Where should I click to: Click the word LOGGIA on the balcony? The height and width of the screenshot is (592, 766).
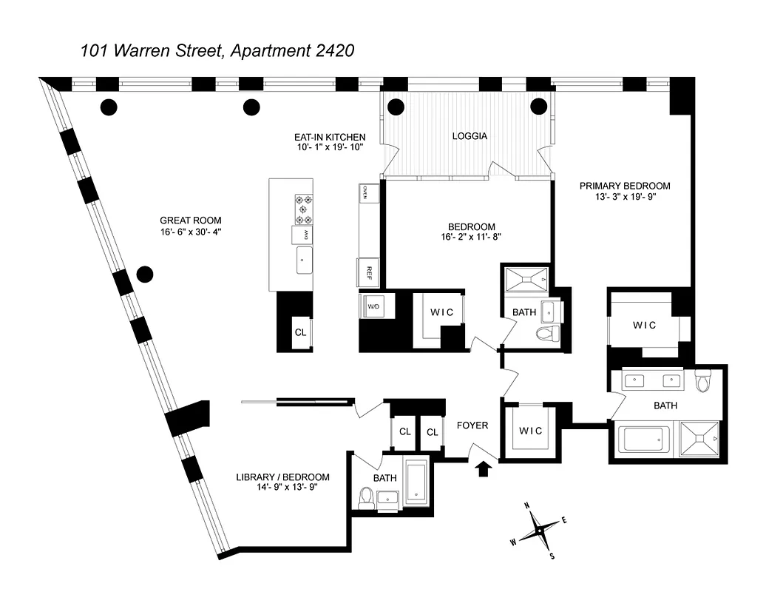point(470,136)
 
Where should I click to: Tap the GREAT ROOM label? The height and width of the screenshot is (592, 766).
point(191,221)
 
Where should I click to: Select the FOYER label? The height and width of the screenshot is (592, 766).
point(472,425)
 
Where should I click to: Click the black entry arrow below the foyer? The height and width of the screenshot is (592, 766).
point(484,469)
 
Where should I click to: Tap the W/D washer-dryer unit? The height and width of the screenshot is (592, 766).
point(374,306)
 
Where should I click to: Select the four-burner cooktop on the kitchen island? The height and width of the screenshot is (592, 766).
point(304,209)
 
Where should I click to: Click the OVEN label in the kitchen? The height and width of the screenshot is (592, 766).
point(365,192)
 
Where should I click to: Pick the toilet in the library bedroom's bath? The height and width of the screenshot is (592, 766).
point(366,498)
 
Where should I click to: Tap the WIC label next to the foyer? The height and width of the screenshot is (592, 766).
point(530,431)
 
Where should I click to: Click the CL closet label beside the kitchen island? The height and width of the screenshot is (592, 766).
point(300,332)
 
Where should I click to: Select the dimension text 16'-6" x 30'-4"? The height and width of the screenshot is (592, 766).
point(191,232)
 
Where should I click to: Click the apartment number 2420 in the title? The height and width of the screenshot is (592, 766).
point(331,51)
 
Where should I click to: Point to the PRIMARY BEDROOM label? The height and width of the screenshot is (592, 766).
point(625,186)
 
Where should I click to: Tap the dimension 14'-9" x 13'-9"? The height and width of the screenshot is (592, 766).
point(282,488)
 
